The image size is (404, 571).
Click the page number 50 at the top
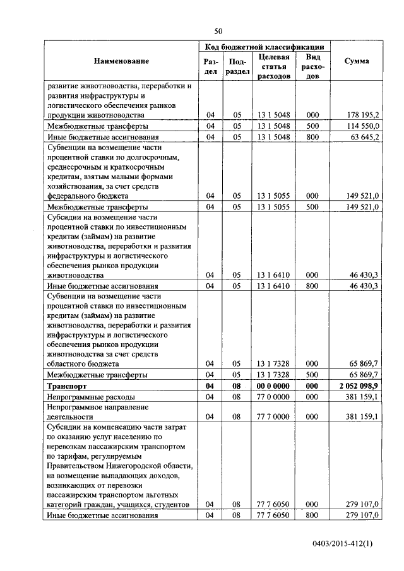(218, 31)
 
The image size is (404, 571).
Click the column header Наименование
(122, 61)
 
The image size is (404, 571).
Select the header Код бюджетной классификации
(264, 47)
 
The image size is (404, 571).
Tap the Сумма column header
(357, 61)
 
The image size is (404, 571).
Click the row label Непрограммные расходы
(90, 397)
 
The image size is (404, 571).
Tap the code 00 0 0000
(274, 386)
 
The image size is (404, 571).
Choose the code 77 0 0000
(274, 397)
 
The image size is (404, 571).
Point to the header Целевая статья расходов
(274, 66)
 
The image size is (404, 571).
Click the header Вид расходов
(312, 66)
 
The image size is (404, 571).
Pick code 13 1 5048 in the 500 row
(274, 126)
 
